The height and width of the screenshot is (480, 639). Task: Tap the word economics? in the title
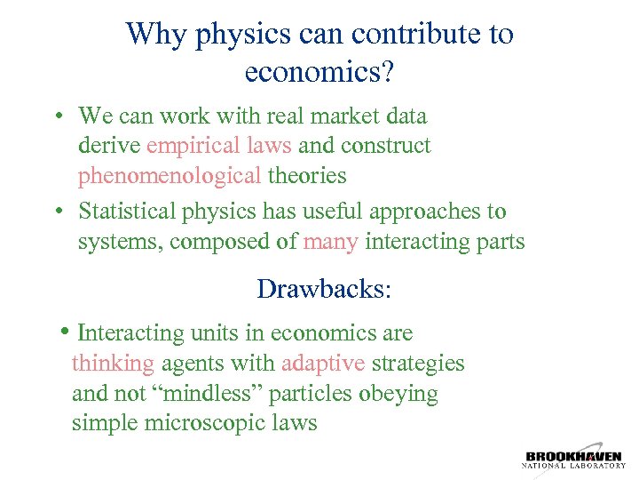(x=312, y=72)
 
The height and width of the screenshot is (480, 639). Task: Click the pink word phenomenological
(x=170, y=175)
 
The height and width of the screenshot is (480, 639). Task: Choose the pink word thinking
(x=114, y=364)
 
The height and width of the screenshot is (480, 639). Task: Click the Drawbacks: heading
(x=323, y=289)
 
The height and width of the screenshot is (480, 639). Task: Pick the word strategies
(x=418, y=364)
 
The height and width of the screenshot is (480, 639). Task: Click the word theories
(x=307, y=175)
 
